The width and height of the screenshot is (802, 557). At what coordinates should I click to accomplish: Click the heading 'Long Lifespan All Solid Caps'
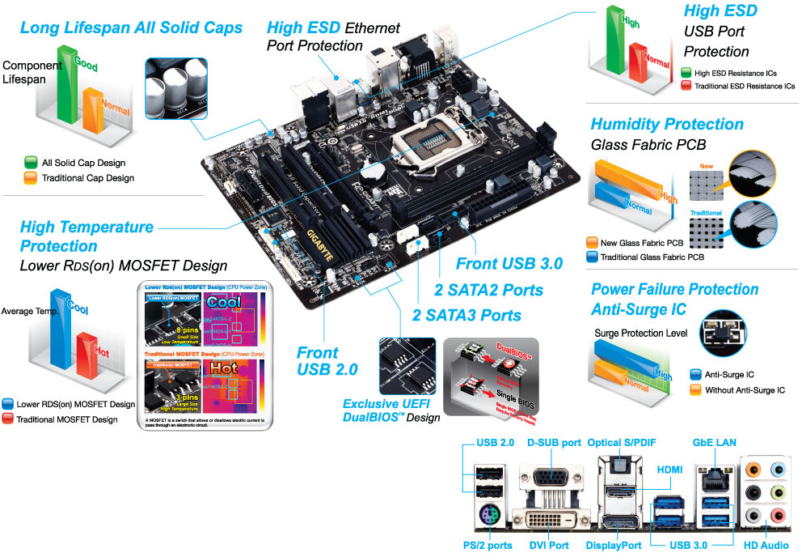pos(131,28)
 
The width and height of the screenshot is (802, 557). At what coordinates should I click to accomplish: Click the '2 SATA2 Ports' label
pos(489,290)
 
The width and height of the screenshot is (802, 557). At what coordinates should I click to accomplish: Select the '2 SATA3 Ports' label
pos(466,315)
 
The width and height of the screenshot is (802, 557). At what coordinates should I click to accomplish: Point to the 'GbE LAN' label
pos(714,443)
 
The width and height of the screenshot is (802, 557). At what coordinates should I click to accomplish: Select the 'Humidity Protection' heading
pos(667,124)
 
